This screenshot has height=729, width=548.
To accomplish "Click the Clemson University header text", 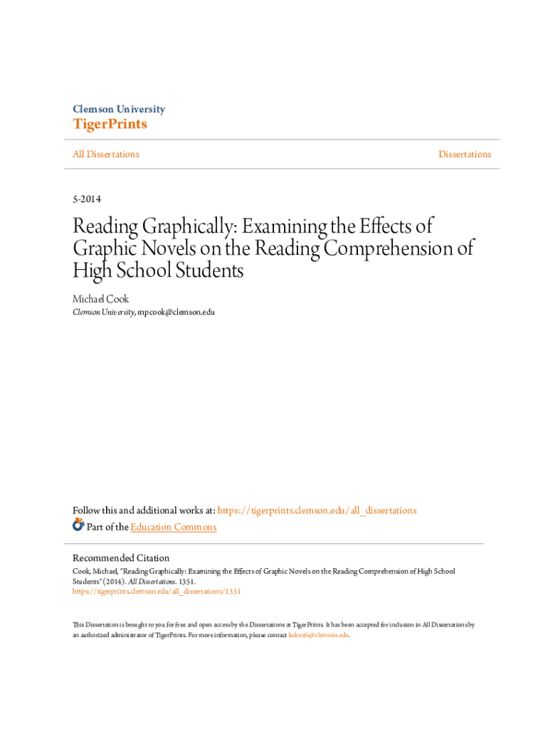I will pyautogui.click(x=119, y=109).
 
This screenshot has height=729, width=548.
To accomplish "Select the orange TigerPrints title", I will pyautogui.click(x=110, y=125).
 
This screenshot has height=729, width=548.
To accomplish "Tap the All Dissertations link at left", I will pyautogui.click(x=105, y=154).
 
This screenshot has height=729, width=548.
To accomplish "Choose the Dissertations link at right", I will pyautogui.click(x=464, y=154).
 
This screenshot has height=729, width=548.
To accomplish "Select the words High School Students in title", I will pyautogui.click(x=158, y=271).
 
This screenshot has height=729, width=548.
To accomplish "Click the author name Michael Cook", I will pyautogui.click(x=100, y=299).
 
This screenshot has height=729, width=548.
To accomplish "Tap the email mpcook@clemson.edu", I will pyautogui.click(x=176, y=313).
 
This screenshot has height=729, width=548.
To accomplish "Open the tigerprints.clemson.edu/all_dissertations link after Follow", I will pyautogui.click(x=317, y=510).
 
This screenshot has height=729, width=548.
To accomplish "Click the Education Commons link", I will pyautogui.click(x=174, y=527).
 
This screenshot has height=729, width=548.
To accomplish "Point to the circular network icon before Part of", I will pyautogui.click(x=78, y=526).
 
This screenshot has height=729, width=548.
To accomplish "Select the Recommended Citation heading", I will pyautogui.click(x=121, y=558).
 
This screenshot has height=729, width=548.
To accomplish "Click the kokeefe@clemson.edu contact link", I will pyautogui.click(x=319, y=635).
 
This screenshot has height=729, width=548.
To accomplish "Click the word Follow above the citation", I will pyautogui.click(x=87, y=510).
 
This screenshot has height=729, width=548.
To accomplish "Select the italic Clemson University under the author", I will pyautogui.click(x=103, y=313).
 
